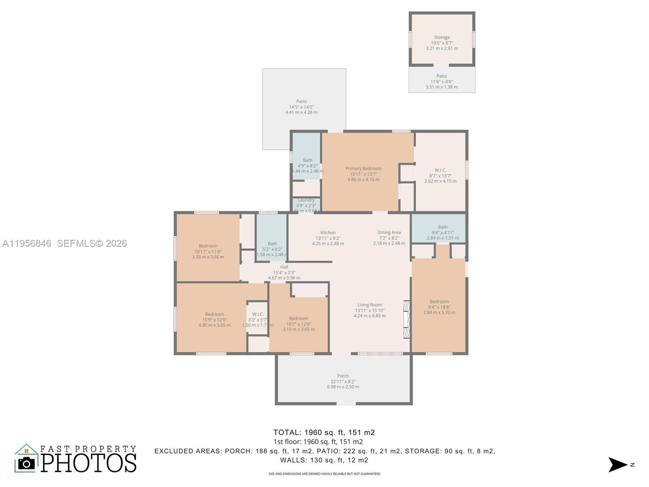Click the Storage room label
(x=442, y=37)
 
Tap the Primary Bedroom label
(x=363, y=168)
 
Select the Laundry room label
(x=306, y=200)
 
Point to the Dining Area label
(x=389, y=233)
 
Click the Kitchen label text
(x=328, y=233)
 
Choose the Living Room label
(x=370, y=305)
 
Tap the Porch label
(x=343, y=376)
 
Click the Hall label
(x=284, y=267)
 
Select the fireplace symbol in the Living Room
(x=406, y=319)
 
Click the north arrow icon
(x=617, y=465)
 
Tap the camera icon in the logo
(x=27, y=463)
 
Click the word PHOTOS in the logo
(x=89, y=463)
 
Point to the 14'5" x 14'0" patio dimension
(x=301, y=107)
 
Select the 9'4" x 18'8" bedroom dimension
(x=439, y=307)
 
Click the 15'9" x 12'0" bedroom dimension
(x=214, y=320)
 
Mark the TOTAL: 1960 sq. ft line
(x=324, y=432)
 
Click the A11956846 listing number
(x=27, y=243)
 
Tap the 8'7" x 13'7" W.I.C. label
(x=440, y=176)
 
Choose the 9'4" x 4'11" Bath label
(x=443, y=233)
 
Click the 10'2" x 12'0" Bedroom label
(x=299, y=324)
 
